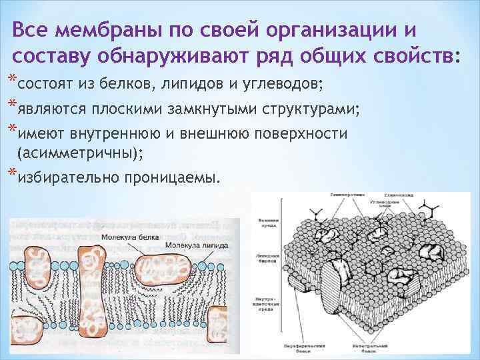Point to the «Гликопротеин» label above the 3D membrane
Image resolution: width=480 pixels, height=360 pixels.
tap(345, 195)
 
